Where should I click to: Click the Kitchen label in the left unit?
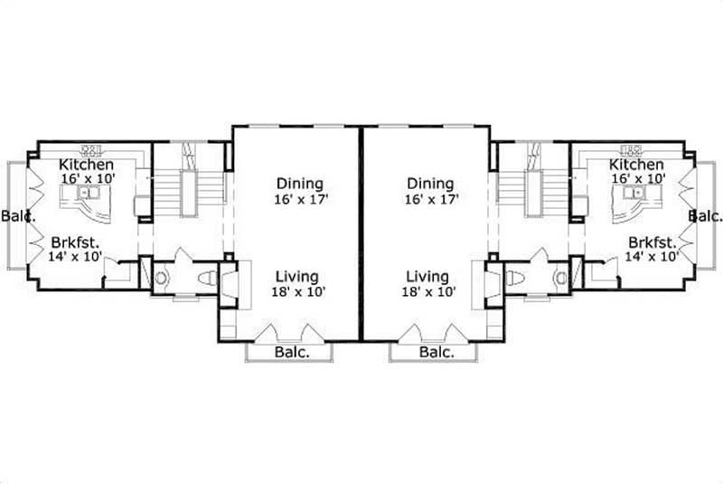(x=86, y=165)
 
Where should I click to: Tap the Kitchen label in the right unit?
(x=636, y=165)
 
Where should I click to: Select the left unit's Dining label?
(x=299, y=185)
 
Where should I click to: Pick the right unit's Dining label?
(x=429, y=185)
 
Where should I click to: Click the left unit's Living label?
(x=296, y=276)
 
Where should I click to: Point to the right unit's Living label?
(x=427, y=276)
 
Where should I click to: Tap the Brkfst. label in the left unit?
(x=75, y=242)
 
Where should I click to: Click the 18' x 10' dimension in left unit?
(x=296, y=291)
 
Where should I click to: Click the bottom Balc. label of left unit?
(x=290, y=353)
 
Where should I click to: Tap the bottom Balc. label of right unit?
(x=436, y=353)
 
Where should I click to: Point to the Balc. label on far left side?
(x=17, y=216)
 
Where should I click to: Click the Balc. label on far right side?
(x=705, y=216)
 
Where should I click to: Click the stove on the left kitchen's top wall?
(x=91, y=148)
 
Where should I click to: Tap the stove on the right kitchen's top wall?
(x=632, y=148)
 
